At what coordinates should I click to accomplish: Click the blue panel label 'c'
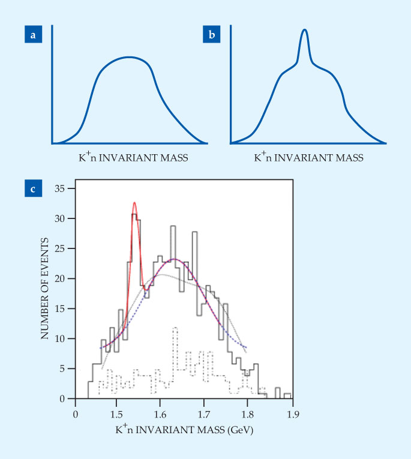click(x=34, y=190)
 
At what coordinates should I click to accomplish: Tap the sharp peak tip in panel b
click(x=305, y=29)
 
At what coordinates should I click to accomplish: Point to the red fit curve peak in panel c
click(x=134, y=203)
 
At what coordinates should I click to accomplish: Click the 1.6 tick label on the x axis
click(x=160, y=413)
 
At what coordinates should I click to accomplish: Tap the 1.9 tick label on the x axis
click(x=292, y=413)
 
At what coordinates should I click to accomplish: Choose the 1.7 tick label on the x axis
click(x=204, y=413)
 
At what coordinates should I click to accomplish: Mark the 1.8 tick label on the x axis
click(x=248, y=413)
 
